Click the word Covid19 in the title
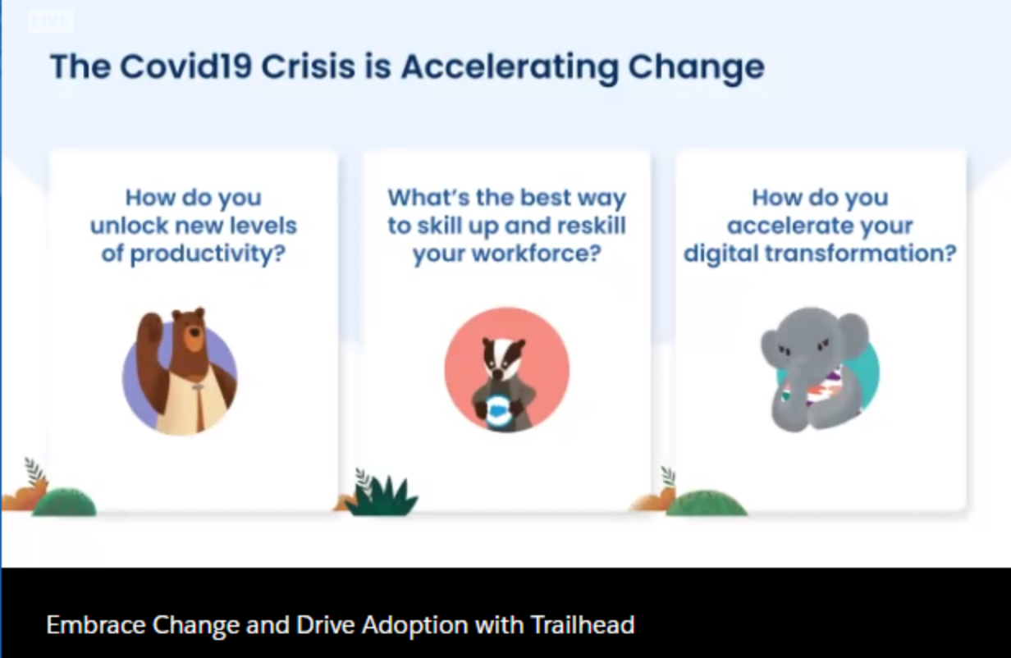pyautogui.click(x=185, y=66)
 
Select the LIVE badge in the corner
pyautogui.click(x=51, y=21)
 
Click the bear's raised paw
pyautogui.click(x=151, y=328)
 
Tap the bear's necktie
pyautogui.click(x=198, y=407)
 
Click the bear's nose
pyautogui.click(x=195, y=332)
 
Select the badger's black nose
pyautogui.click(x=497, y=373)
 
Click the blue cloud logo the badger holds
pyautogui.click(x=498, y=409)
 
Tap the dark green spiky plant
pyautogui.click(x=384, y=496)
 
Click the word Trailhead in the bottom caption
pyautogui.click(x=583, y=625)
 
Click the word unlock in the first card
pyautogui.click(x=129, y=225)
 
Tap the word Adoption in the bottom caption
pyautogui.click(x=415, y=626)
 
